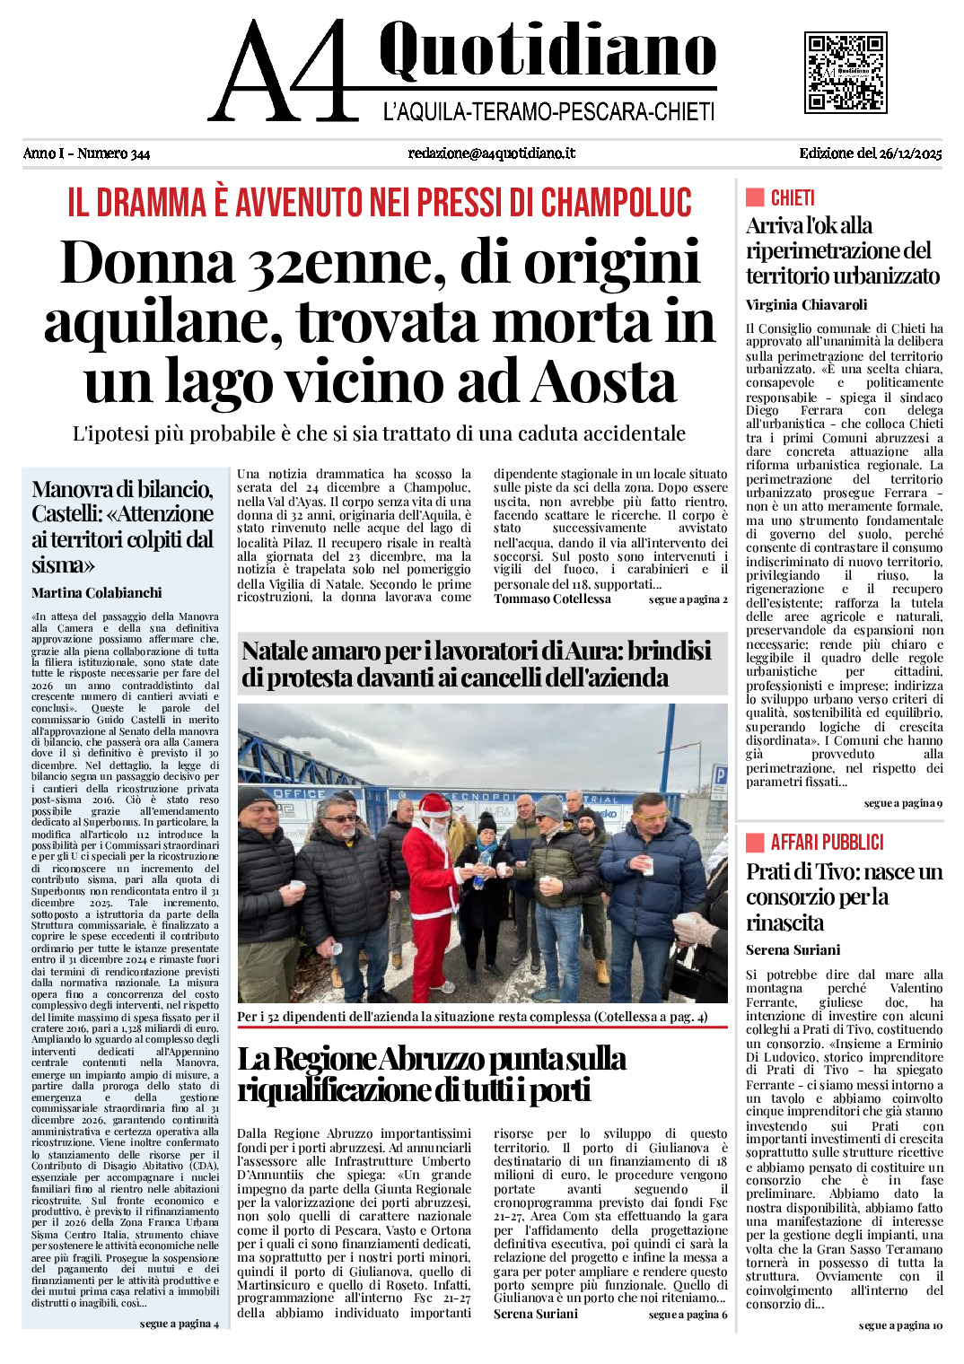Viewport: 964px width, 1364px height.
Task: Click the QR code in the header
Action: tap(845, 73)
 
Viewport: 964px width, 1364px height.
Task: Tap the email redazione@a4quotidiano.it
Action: tap(491, 153)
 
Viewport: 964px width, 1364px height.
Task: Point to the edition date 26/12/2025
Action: tap(910, 153)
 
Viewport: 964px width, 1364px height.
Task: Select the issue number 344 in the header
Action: tap(139, 153)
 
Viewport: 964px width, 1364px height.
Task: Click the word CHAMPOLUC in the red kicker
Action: tap(617, 203)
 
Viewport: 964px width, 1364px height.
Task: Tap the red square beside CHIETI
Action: tap(754, 197)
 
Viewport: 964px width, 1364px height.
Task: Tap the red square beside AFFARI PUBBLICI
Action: tap(754, 842)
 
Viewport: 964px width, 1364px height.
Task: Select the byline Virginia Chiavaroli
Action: tap(806, 304)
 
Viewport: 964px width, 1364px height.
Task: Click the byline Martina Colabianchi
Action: tap(97, 592)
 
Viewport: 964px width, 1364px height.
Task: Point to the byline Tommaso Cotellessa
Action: tap(552, 599)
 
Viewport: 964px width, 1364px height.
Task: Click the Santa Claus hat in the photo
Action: tap(434, 805)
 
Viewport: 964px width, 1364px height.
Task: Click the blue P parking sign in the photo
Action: tap(719, 776)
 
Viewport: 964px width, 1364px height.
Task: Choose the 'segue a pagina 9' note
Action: tap(903, 803)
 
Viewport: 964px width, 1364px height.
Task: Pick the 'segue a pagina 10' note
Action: tap(900, 1325)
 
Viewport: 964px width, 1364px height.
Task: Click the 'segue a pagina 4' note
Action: tap(179, 1324)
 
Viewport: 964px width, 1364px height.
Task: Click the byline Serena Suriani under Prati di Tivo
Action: tap(793, 949)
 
